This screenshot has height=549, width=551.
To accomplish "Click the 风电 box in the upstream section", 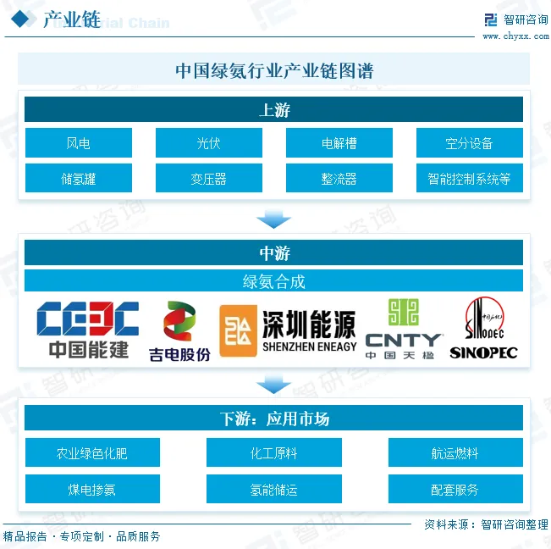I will click(79, 143).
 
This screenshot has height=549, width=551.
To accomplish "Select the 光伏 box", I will click(209, 143).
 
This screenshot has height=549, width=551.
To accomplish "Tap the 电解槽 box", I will click(339, 143).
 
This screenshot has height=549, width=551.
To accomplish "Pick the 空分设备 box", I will click(469, 143).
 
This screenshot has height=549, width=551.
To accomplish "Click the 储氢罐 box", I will click(79, 179).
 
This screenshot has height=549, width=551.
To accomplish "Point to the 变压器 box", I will click(209, 179).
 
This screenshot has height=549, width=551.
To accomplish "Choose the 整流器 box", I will click(339, 179).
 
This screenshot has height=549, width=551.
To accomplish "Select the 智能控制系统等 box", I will click(469, 179).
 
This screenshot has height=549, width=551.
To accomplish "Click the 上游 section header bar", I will click(274, 109).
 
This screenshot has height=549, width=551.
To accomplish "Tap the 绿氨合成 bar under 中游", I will click(274, 281).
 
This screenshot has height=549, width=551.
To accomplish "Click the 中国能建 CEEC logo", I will click(88, 329).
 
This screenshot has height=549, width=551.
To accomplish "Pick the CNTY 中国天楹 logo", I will click(403, 330).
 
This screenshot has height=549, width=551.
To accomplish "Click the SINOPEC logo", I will click(483, 329).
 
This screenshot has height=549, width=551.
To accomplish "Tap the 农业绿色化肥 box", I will click(92, 452).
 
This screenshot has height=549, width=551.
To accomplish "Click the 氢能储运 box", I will click(274, 489).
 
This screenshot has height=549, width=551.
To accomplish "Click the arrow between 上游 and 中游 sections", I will click(274, 219).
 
